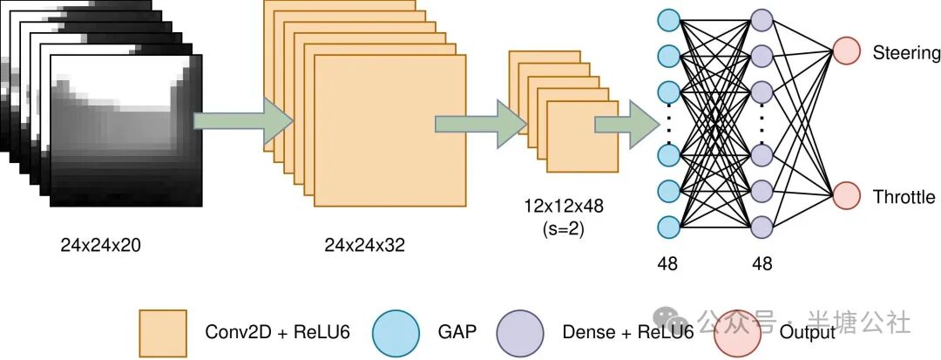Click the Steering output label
click(x=906, y=53)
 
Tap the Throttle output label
click(x=904, y=198)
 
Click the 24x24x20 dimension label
click(x=100, y=245)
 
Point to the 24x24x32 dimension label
click(x=364, y=246)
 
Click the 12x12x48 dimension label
click(x=563, y=207)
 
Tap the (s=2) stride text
click(x=563, y=229)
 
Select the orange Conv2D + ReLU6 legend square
click(x=163, y=332)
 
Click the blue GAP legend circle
click(x=397, y=332)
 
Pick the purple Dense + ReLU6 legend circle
click(x=521, y=332)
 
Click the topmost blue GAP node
click(x=669, y=19)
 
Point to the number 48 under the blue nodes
click(x=667, y=263)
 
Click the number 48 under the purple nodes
click(x=762, y=263)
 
